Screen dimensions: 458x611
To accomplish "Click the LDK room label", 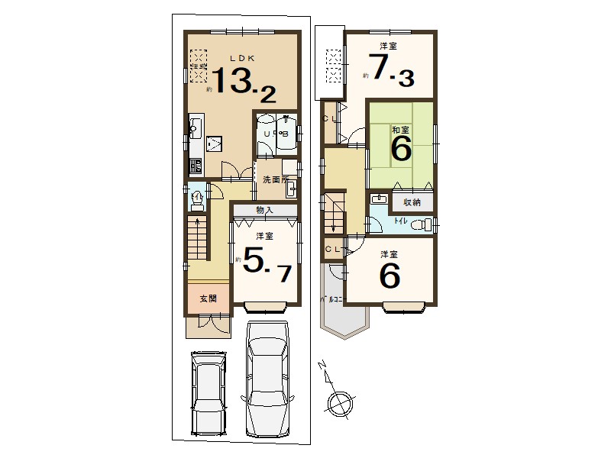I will (x=244, y=58).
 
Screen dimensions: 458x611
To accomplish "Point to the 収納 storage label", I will (x=412, y=202).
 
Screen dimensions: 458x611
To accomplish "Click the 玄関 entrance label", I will (x=209, y=298).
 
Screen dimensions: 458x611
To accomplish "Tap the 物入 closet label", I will (x=264, y=210).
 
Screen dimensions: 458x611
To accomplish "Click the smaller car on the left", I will (x=209, y=392).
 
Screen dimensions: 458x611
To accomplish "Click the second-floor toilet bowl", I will (x=426, y=224).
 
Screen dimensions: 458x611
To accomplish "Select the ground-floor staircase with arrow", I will (x=198, y=238).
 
